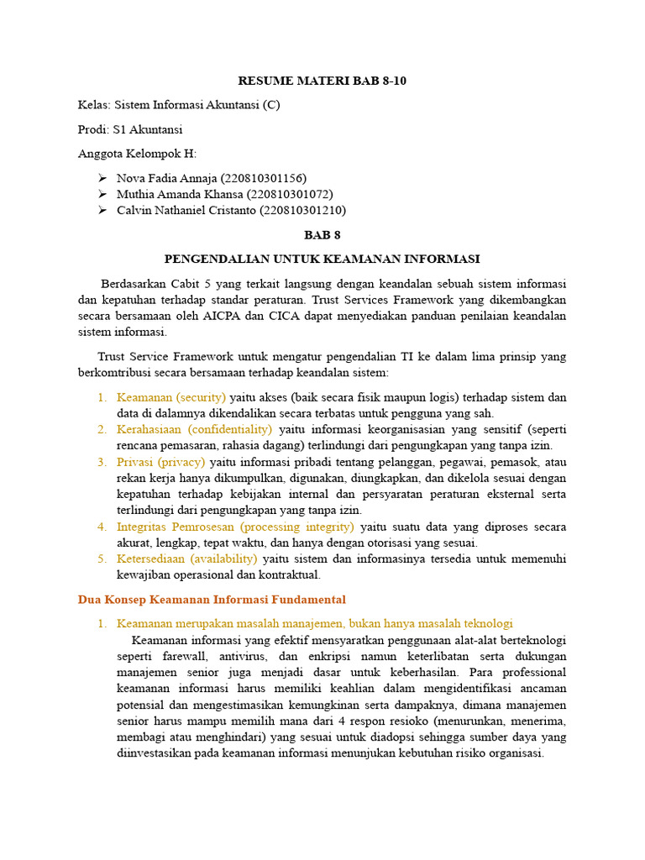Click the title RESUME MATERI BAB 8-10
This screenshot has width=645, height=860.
(x=322, y=81)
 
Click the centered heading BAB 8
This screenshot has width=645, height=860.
(x=322, y=235)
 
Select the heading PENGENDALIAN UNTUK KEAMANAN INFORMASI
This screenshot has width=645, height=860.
(x=322, y=259)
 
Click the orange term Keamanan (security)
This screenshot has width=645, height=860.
(x=171, y=397)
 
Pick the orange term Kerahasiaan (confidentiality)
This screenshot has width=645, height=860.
(x=194, y=430)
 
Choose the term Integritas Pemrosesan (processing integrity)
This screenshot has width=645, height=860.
(x=236, y=527)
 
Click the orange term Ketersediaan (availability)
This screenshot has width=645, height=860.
(x=187, y=558)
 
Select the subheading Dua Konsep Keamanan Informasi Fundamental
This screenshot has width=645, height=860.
(x=212, y=600)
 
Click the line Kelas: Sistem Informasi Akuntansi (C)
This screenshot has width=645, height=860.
(x=179, y=106)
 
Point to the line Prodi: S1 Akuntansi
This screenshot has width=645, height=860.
(x=130, y=129)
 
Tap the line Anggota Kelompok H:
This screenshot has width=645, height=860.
(x=137, y=154)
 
